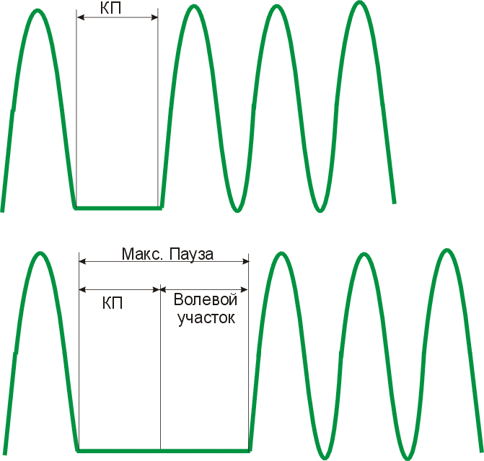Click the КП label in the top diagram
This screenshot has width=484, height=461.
pos(110,8)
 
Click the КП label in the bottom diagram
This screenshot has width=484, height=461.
pos(113,303)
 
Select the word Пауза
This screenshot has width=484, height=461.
pos(191,255)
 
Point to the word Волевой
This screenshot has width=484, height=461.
pos(206,299)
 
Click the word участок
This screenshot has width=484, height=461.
pos(206,318)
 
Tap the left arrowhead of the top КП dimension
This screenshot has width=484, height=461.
pos(80,17)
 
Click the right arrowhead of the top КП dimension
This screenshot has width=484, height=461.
pos(154,17)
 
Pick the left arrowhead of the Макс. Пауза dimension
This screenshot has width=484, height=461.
pos(82,262)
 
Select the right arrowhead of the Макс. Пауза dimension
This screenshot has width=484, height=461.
pos(245,262)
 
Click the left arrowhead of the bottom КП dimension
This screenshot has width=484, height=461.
pos(82,289)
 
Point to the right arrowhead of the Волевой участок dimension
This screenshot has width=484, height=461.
pos(244,289)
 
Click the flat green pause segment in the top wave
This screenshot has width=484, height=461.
pos(118,208)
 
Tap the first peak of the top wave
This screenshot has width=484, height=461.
pos(38,11)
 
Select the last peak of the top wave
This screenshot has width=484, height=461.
pos(359,3)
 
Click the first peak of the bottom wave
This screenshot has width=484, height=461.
pos(40,253)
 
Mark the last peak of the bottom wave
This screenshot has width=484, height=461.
pos(446,250)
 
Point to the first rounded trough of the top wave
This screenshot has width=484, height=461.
pos(237,210)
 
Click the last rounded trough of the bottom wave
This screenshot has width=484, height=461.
pos(408,458)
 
